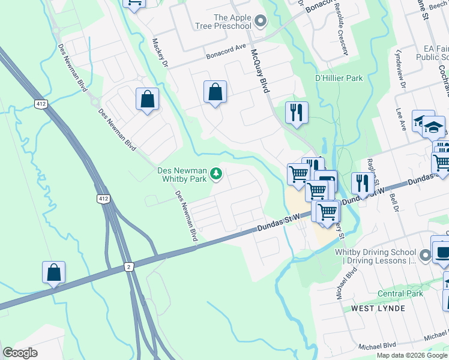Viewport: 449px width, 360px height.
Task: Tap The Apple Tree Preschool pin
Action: pyautogui.click(x=260, y=22)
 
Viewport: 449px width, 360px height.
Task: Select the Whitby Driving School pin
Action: pyautogui.click(x=425, y=256)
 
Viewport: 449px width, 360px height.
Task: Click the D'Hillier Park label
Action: pyautogui.click(x=339, y=78)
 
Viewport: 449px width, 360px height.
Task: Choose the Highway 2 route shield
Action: pyautogui.click(x=128, y=266)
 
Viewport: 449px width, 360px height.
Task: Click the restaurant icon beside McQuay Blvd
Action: pyautogui.click(x=297, y=112)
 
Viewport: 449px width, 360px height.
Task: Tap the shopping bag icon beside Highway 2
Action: pyautogui.click(x=54, y=272)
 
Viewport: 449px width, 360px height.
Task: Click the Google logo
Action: pyautogui.click(x=20, y=353)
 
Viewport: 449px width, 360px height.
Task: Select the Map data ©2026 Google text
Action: pyautogui.click(x=412, y=355)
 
